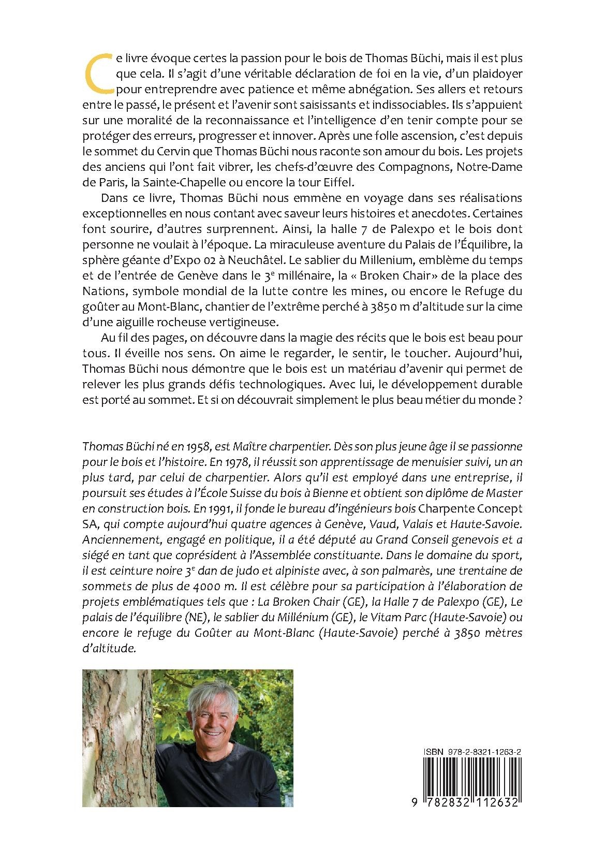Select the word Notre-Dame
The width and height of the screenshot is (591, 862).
[495, 167]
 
